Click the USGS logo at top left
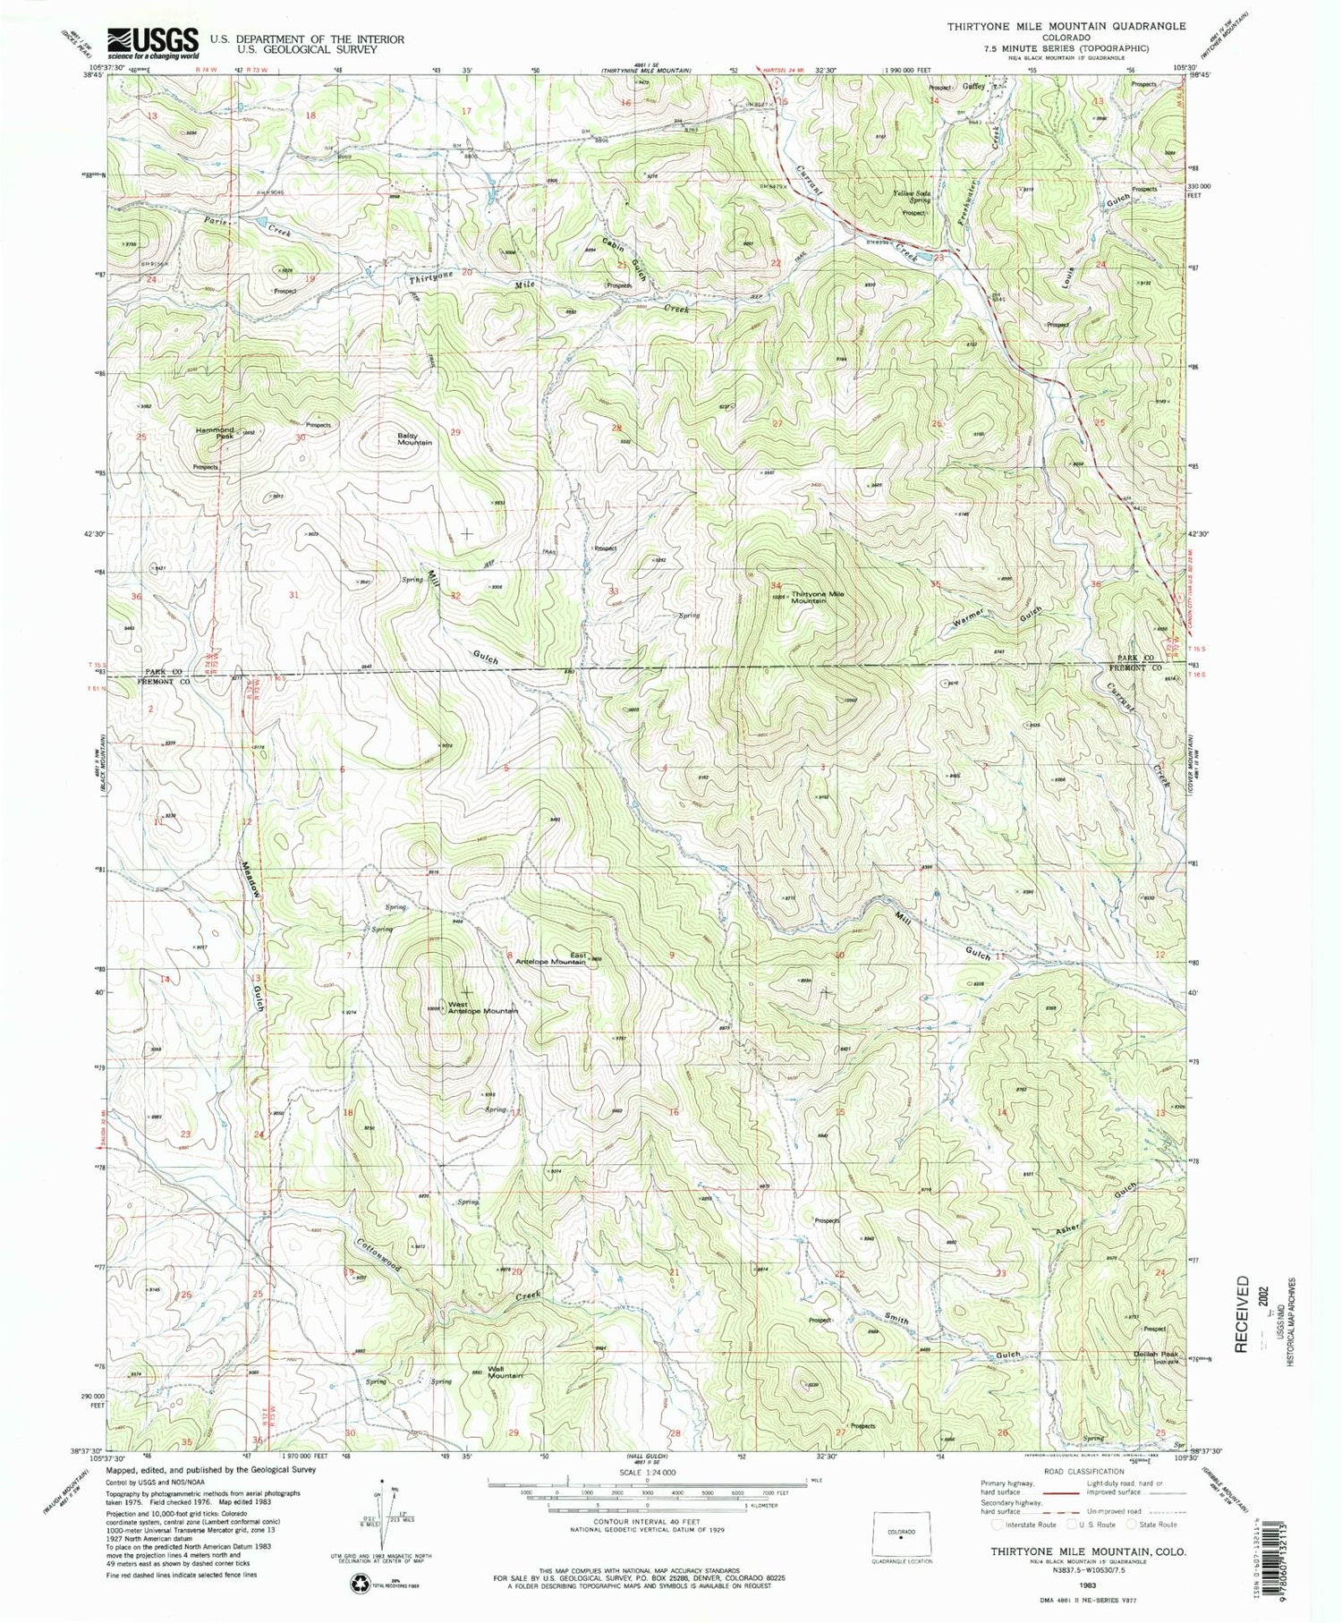click(x=152, y=42)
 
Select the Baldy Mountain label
click(x=414, y=438)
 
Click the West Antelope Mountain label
click(x=483, y=1006)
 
